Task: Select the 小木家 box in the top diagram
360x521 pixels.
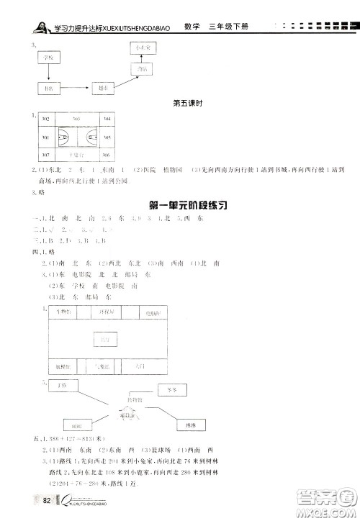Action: pyautogui.click(x=139, y=47)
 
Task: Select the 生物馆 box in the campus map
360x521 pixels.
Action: pyautogui.click(x=65, y=312)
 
